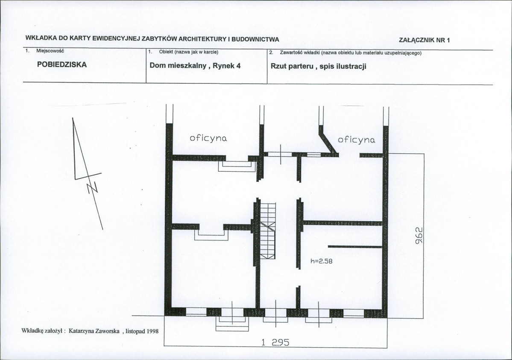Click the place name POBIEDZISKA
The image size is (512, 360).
tap(62, 64)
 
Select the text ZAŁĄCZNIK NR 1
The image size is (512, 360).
tap(424, 40)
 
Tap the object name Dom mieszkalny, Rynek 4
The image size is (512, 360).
tap(195, 66)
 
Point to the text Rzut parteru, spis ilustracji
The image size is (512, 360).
tap(319, 66)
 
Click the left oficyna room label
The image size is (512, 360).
tap(208, 138)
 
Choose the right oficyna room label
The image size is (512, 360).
tap(356, 140)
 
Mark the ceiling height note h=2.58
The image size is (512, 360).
tap(321, 261)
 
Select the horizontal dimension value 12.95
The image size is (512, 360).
tap(275, 342)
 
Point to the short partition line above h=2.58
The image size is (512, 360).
tap(355, 247)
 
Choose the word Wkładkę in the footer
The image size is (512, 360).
tap(32, 331)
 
